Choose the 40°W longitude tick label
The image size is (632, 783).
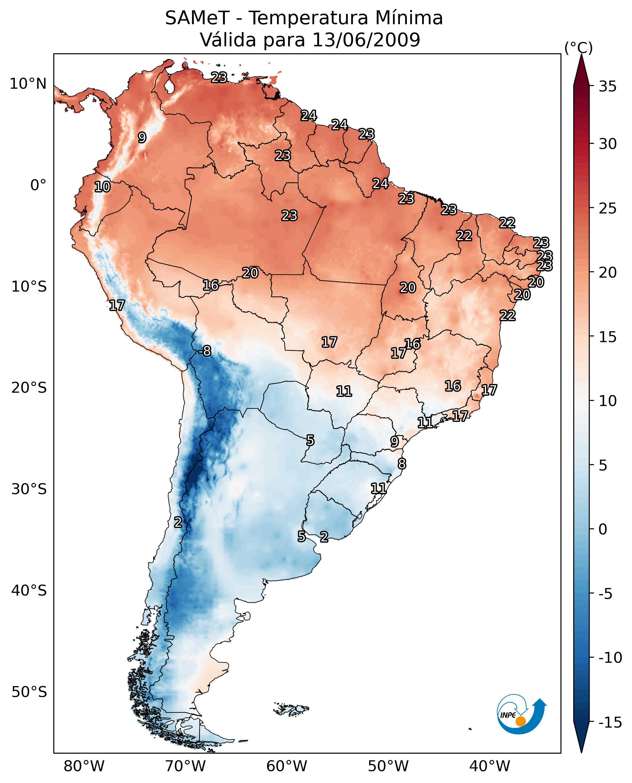(490, 766)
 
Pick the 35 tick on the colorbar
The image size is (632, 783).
(607, 87)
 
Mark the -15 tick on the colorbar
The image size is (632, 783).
(610, 723)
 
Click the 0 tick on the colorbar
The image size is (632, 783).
(603, 529)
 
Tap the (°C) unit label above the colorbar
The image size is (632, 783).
(578, 48)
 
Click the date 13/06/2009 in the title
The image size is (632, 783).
(366, 40)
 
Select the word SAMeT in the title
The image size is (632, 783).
(197, 18)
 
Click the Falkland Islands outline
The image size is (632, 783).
(291, 709)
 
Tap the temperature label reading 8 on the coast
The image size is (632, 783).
(401, 464)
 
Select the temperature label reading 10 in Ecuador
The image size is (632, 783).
(102, 187)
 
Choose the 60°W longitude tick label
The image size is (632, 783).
(287, 766)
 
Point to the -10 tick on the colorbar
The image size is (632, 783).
(610, 658)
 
